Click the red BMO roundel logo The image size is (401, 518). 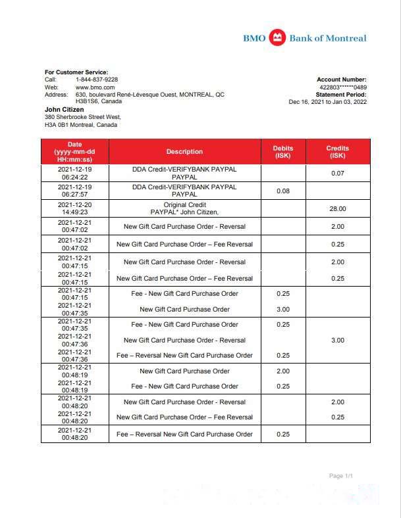coord(277,37)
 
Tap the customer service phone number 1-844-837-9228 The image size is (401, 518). coord(97,80)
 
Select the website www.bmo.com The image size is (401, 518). coord(95,87)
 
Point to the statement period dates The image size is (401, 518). coord(327,102)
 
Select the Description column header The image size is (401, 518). coord(184,152)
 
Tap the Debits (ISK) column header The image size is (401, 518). coord(283,152)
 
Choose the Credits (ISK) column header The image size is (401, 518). coord(337,152)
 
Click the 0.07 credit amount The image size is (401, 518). coord(337,173)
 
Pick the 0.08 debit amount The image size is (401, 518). coord(283,191)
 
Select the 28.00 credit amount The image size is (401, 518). coord(337,208)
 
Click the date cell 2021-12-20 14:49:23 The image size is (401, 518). coord(74,208)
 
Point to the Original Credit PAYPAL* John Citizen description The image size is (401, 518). coord(184,208)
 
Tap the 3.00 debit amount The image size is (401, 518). coord(283,309)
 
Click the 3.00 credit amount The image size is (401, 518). coord(337,340)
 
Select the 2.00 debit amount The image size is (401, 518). coord(283,371)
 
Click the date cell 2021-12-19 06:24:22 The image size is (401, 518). coord(74,173)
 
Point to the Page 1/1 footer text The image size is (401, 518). coord(341,475)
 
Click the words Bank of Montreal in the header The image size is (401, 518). coord(327,38)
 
